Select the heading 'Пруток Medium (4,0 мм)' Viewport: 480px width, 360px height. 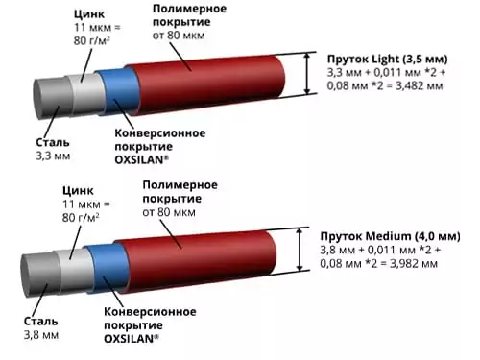click(x=388, y=235)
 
